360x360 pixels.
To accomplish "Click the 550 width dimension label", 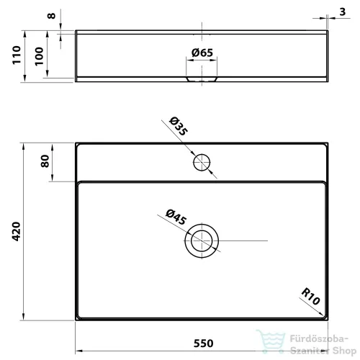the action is (x=203, y=343).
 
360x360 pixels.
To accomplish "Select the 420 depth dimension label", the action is (x=17, y=231).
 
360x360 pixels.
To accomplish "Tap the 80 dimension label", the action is (x=45, y=161).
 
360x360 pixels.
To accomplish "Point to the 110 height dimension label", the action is (x=17, y=55).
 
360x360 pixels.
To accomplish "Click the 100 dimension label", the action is (x=39, y=56).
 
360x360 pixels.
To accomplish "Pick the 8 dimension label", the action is (x=51, y=16).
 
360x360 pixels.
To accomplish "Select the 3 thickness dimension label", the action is (x=343, y=12).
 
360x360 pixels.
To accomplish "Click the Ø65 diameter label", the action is (x=202, y=53).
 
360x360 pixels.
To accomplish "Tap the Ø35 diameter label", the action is (x=179, y=126).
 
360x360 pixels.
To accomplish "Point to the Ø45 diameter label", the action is (x=176, y=217).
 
